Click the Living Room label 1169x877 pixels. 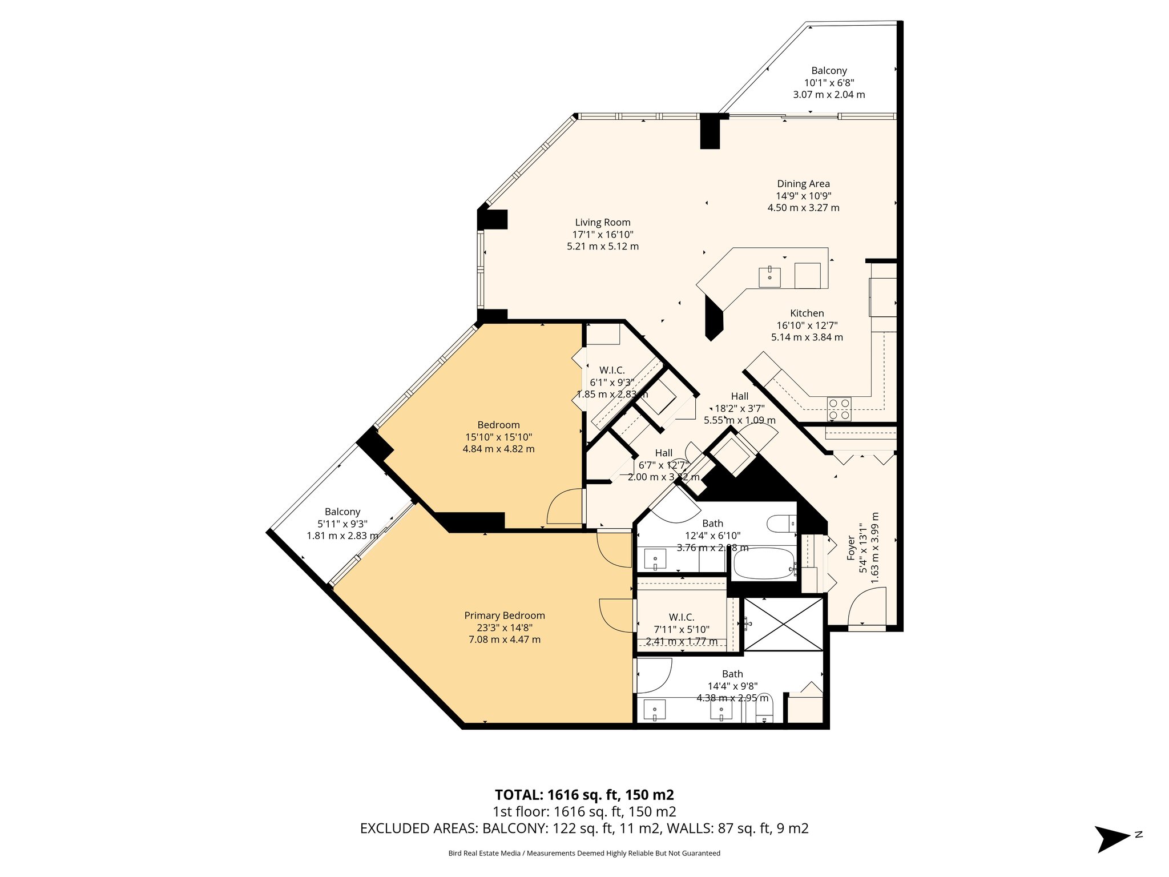602,223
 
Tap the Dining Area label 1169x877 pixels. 803,184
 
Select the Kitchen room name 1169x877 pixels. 807,313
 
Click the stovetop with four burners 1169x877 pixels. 839,409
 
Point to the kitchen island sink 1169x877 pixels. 769,277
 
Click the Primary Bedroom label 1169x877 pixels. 504,615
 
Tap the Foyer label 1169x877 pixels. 851,547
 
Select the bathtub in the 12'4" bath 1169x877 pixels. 764,564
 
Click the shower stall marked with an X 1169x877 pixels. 784,623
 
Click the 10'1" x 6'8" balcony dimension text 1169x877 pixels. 829,83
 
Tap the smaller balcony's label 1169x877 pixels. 342,512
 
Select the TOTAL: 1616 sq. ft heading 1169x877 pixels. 584,795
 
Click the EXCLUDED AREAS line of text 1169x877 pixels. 584,828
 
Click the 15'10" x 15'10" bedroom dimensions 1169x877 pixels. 498,437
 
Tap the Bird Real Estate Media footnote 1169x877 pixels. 584,853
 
